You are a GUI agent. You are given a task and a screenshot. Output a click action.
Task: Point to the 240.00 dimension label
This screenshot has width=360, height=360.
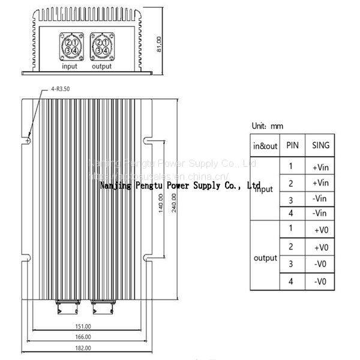point(173,211)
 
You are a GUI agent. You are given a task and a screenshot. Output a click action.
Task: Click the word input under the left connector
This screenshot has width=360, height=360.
point(70,66)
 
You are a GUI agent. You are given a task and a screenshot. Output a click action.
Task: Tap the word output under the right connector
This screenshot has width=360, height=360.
point(101,66)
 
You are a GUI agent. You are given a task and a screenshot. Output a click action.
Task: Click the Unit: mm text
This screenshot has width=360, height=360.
point(267,127)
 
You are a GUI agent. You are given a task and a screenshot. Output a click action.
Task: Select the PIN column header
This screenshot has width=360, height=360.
point(292,145)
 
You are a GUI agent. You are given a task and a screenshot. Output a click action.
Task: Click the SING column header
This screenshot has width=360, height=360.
point(321,145)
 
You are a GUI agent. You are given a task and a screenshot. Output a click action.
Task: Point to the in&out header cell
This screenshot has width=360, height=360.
point(265,146)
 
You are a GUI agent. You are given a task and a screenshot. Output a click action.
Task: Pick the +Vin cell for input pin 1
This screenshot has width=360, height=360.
point(320,166)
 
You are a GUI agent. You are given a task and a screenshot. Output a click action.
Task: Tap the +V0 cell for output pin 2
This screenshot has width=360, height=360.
point(321,247)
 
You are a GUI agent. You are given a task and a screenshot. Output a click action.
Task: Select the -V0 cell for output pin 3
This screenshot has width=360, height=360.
point(321,265)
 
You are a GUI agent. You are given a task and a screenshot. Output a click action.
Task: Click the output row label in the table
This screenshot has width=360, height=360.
point(265,258)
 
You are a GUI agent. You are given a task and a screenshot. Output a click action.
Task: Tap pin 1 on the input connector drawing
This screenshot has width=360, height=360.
point(74,42)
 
